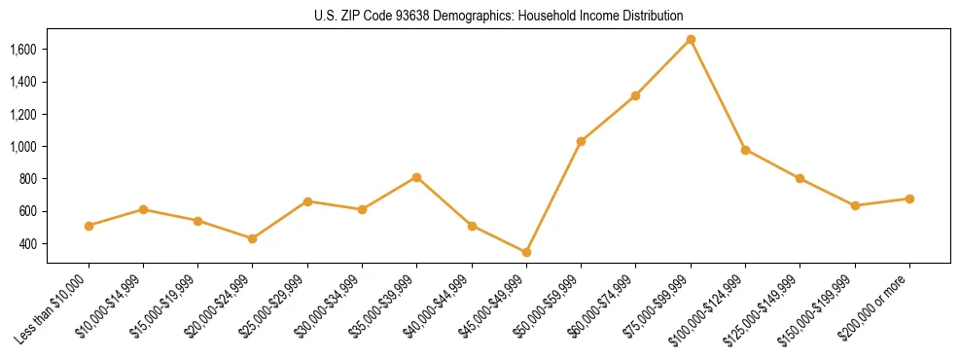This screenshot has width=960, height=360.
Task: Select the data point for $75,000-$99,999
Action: coord(691,39)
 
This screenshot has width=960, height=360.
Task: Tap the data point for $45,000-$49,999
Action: coord(526,252)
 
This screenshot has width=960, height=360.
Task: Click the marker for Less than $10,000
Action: coord(89,226)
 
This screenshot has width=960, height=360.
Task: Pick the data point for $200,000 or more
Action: coord(909,198)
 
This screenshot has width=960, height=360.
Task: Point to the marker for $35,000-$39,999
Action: coord(416,177)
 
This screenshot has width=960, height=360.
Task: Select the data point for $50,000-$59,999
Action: coord(581,141)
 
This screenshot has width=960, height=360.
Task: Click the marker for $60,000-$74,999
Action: coord(635,95)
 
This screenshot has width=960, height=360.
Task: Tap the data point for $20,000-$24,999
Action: coord(253,238)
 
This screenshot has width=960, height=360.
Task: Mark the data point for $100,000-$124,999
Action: coord(745,150)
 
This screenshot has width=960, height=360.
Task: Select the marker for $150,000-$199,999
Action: coord(855,205)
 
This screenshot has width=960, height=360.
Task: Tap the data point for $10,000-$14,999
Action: coord(143,209)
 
